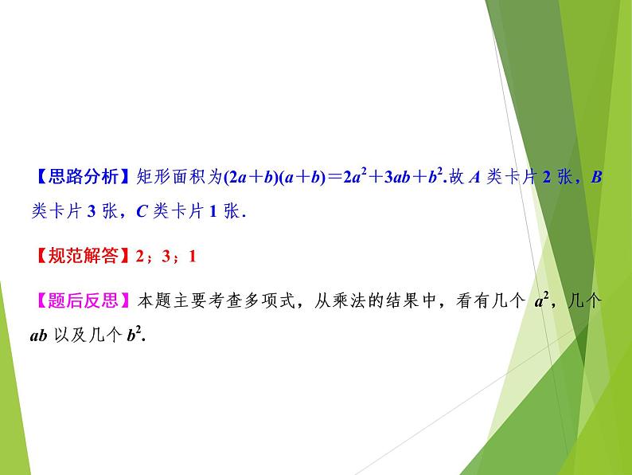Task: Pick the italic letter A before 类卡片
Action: pyautogui.click(x=471, y=177)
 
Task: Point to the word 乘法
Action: pyautogui.click(x=358, y=301)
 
